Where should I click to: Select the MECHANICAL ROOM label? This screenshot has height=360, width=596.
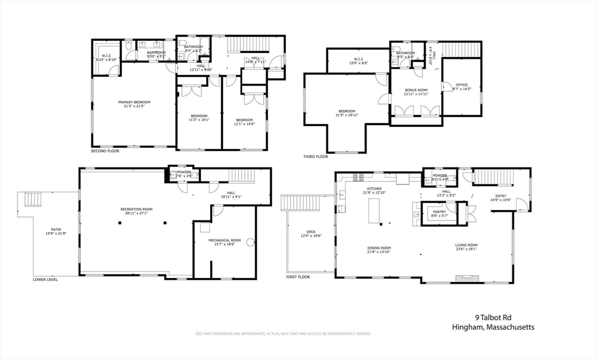(x=225, y=240)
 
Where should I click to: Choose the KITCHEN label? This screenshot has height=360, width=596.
(x=374, y=189)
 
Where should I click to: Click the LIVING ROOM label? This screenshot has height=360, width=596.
(x=466, y=245)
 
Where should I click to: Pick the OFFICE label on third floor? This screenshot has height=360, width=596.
(x=462, y=85)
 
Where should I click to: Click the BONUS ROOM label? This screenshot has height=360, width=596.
(x=416, y=90)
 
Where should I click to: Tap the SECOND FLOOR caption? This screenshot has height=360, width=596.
(x=105, y=151)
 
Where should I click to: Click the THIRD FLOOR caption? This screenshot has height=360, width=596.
(x=315, y=156)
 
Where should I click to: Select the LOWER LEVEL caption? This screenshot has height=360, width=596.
(x=45, y=279)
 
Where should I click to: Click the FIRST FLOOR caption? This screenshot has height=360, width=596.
(x=298, y=277)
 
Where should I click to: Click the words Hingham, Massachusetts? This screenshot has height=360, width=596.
(x=493, y=327)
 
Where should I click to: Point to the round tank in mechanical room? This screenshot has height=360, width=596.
(x=250, y=243)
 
